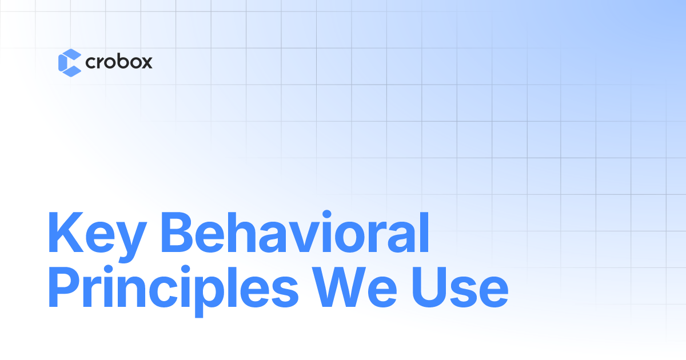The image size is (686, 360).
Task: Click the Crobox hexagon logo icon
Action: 69,62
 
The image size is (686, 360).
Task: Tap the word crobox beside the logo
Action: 118,62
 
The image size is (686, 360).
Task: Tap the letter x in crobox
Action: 146,63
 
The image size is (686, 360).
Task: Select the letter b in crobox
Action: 119,61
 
